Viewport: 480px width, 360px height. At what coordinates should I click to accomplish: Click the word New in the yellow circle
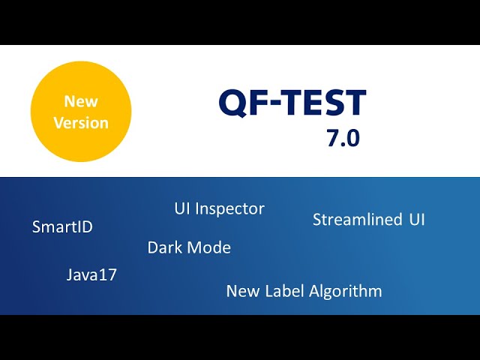[81, 101]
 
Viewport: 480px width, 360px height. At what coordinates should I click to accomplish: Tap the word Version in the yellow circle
[81, 123]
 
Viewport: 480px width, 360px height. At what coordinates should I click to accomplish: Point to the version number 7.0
[343, 138]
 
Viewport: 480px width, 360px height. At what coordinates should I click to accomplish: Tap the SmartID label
[62, 226]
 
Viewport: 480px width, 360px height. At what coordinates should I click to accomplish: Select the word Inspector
[230, 209]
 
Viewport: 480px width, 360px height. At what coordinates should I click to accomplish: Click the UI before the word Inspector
[182, 208]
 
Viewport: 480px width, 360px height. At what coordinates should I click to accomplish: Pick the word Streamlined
[357, 220]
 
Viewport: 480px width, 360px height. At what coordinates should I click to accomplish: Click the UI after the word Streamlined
[417, 220]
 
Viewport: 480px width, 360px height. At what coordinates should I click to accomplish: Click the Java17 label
[91, 274]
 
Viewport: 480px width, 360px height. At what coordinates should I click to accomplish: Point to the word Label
[285, 290]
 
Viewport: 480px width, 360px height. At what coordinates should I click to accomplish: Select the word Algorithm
[346, 292]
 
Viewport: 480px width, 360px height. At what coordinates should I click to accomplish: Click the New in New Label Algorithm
[243, 291]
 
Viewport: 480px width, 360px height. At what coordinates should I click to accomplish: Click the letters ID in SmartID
[85, 226]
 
